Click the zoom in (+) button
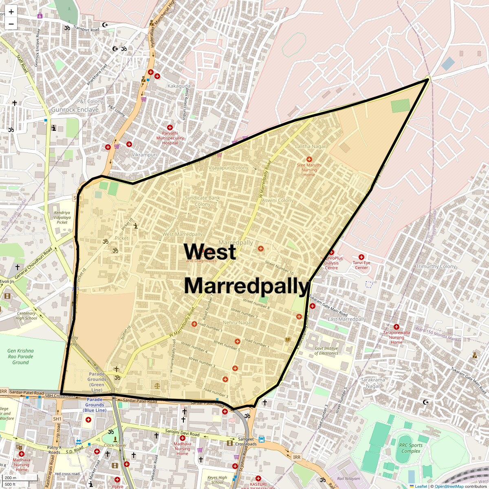click(11, 12)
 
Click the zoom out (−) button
click(11, 24)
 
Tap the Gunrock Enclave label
click(75, 110)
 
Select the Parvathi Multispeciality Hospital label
click(170, 138)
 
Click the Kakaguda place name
click(179, 86)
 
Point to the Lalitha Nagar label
click(311, 146)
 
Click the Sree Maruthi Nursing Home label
click(309, 170)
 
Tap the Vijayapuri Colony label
click(228, 168)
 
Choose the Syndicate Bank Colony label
click(203, 201)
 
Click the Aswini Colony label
click(278, 200)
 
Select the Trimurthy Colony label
click(436, 267)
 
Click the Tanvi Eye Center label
click(361, 265)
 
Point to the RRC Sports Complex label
click(410, 448)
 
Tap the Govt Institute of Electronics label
click(326, 351)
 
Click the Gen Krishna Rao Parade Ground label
click(20, 357)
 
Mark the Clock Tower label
click(116, 445)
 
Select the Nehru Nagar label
click(238, 322)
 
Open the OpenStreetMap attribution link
click(449, 486)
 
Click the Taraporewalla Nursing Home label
click(396, 337)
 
